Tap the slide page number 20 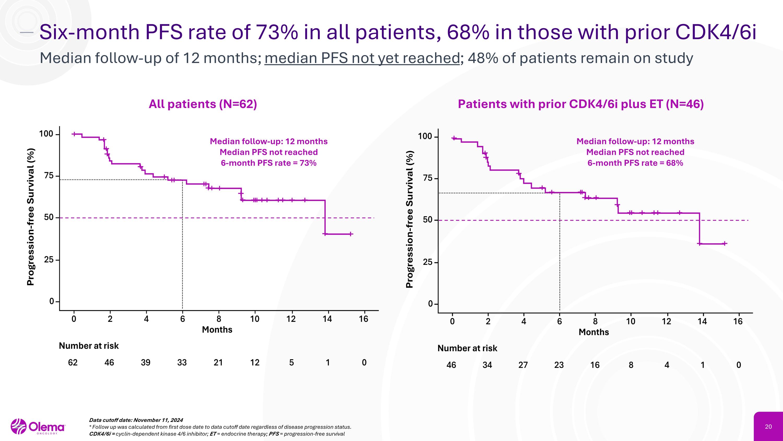pos(768,427)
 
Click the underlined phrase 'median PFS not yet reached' pos(362,58)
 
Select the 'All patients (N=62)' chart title pos(203,104)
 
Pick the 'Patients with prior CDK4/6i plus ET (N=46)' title pos(580,104)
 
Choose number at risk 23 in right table pos(559,365)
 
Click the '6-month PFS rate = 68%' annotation pos(635,163)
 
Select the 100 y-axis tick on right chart pos(425,136)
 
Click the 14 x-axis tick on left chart pos(327,319)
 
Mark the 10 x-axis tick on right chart pos(631,321)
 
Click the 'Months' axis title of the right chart pos(594,332)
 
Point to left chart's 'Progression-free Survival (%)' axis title pos(31,217)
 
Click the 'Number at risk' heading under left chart pos(89,346)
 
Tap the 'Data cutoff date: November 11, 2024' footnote pos(136,420)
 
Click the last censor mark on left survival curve pos(351,234)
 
